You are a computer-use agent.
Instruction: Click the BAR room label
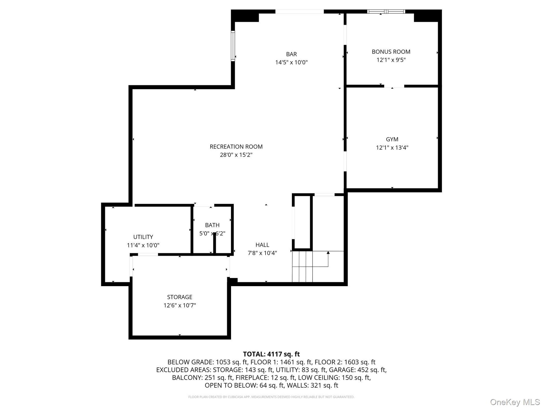pyautogui.click(x=291, y=54)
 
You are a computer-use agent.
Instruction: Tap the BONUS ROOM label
pyautogui.click(x=391, y=52)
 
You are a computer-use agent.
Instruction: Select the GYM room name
pyautogui.click(x=392, y=139)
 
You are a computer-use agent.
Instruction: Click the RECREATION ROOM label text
pyautogui.click(x=236, y=147)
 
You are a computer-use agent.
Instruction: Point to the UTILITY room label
pyautogui.click(x=143, y=237)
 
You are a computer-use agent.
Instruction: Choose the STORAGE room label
pyautogui.click(x=180, y=297)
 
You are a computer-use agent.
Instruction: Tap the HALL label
pyautogui.click(x=262, y=245)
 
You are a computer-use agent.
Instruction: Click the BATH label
pyautogui.click(x=212, y=225)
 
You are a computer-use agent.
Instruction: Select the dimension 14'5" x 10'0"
pyautogui.click(x=291, y=62)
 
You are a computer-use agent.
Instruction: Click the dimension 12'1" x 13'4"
pyautogui.click(x=392, y=148)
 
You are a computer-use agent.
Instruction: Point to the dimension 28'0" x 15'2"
pyautogui.click(x=236, y=155)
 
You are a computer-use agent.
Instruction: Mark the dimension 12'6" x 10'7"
pyautogui.click(x=180, y=305)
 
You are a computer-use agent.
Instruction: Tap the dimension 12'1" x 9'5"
pyautogui.click(x=391, y=60)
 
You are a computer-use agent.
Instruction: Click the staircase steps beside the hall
pyautogui.click(x=302, y=267)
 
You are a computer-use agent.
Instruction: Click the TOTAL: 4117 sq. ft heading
pyautogui.click(x=271, y=354)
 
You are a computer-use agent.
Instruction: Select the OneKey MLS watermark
pyautogui.click(x=515, y=402)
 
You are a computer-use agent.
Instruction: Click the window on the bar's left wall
pyautogui.click(x=233, y=46)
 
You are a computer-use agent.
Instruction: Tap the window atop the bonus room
pyautogui.click(x=386, y=12)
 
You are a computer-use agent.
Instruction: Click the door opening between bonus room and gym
pyautogui.click(x=394, y=86)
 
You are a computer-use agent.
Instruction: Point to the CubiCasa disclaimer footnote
pyautogui.click(x=271, y=397)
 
